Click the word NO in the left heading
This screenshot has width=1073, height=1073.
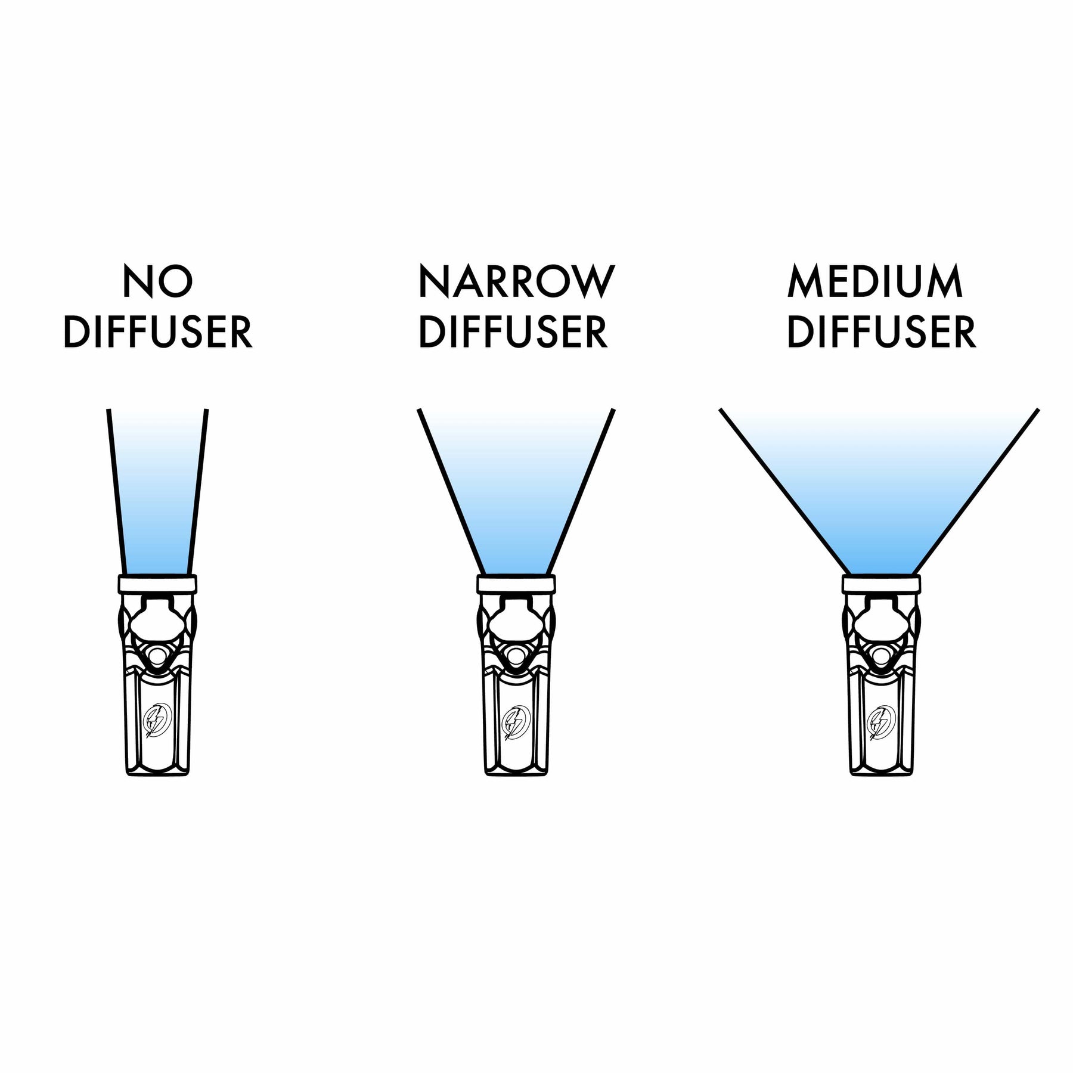[158, 282]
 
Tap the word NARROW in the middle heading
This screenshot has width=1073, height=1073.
[516, 282]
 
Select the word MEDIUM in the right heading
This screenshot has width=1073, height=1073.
[875, 282]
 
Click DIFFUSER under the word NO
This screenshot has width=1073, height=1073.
[158, 332]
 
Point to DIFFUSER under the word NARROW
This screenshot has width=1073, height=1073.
[514, 332]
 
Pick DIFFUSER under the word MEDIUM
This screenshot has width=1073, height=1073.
[882, 332]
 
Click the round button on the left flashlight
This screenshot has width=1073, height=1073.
[158, 655]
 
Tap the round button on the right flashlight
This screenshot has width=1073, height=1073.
[880, 655]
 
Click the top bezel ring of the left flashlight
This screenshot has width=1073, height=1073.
[158, 584]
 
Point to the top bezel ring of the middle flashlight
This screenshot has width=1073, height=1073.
[516, 584]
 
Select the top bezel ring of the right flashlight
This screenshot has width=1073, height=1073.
[880, 584]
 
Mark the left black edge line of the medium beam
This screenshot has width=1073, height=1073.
[781, 489]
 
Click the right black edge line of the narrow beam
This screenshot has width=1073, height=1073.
[582, 489]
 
